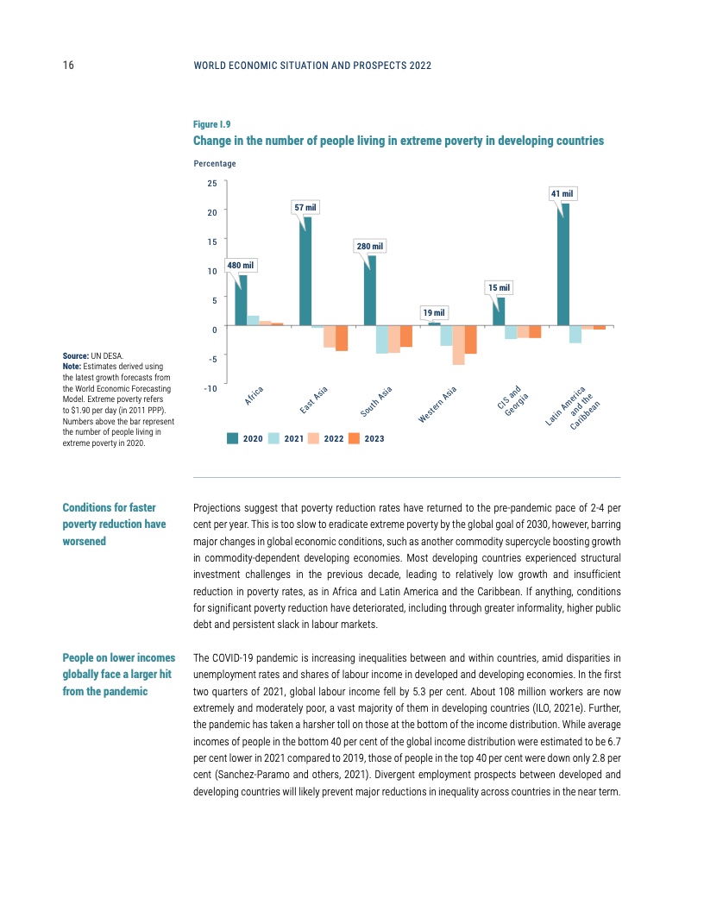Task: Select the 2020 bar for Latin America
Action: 563,264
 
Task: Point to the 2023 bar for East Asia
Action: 342,338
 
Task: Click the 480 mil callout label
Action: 241,265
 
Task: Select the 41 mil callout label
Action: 562,194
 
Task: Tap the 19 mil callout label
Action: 433,311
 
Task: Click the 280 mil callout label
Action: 369,247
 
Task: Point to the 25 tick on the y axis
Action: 211,183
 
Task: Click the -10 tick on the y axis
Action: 210,388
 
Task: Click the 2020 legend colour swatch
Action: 232,438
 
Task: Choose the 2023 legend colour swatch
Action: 354,438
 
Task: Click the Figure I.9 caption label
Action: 211,124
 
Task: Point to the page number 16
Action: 68,65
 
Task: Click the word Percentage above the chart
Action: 215,163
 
